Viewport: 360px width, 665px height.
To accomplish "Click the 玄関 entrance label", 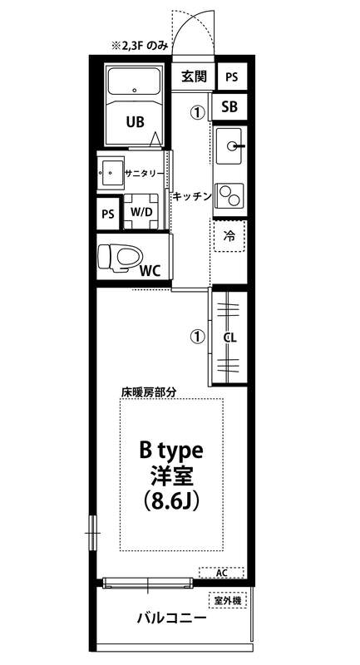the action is click(194, 76).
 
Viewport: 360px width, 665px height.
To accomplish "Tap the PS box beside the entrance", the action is click(231, 77).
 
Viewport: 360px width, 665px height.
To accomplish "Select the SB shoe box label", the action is click(229, 107).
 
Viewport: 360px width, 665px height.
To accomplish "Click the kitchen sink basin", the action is click(229, 146).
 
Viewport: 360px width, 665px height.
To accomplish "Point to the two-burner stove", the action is click(229, 195).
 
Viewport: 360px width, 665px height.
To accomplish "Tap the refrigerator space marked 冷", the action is click(229, 237).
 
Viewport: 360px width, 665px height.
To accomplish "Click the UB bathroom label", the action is click(135, 122).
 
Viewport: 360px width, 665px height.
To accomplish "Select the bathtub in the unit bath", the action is click(135, 81).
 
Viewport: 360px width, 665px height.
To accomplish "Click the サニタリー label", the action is click(145, 173).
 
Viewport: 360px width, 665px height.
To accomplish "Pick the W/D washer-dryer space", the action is click(141, 212).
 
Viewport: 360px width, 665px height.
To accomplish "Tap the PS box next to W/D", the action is click(108, 214).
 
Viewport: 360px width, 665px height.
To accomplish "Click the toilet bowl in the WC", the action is click(121, 258).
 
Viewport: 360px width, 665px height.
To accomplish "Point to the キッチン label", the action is click(192, 196).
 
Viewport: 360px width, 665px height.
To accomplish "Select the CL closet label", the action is click(229, 338).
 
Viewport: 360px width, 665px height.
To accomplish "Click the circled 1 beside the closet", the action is click(197, 337).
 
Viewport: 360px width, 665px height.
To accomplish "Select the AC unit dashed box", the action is click(221, 573).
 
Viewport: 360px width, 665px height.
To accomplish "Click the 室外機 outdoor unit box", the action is click(228, 600).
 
